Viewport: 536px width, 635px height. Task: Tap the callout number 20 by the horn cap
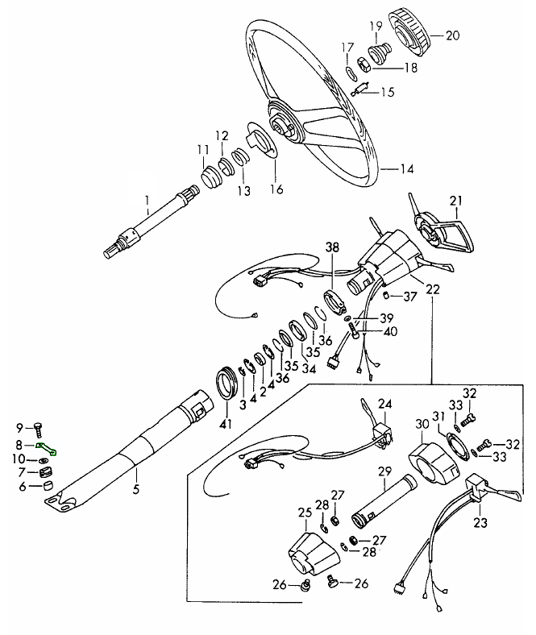(451, 35)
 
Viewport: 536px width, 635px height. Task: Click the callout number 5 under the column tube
(135, 488)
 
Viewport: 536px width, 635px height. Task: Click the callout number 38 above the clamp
(332, 247)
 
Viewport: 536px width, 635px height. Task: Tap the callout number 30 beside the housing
(421, 424)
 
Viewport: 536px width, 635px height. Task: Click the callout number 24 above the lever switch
(384, 403)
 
